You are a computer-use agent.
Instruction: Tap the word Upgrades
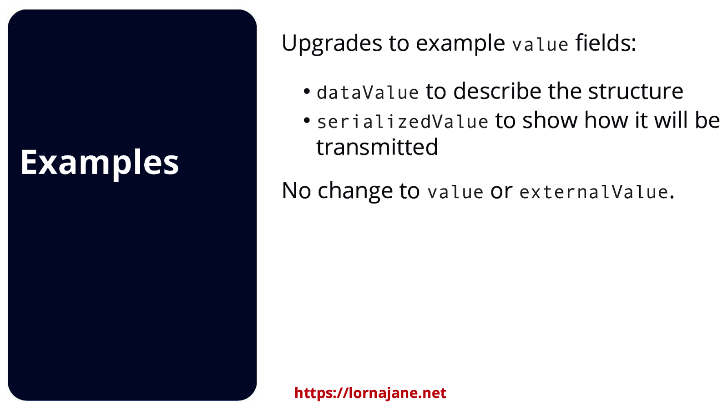click(x=332, y=44)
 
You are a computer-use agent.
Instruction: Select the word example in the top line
click(x=460, y=44)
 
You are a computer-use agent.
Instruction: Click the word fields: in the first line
click(x=606, y=43)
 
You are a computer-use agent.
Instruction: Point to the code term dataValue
click(x=368, y=92)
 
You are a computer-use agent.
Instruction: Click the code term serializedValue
click(x=402, y=122)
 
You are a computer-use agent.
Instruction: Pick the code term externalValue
click(x=594, y=192)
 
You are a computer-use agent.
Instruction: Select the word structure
click(x=636, y=91)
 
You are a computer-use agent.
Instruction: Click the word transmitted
click(x=377, y=147)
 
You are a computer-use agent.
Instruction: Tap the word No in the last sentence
click(x=296, y=191)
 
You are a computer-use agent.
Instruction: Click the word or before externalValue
click(x=501, y=192)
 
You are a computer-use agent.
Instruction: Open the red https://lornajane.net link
click(x=370, y=393)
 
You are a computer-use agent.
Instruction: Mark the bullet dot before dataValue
click(x=307, y=91)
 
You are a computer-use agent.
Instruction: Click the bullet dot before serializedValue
click(x=307, y=120)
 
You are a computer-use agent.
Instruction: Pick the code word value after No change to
click(x=455, y=192)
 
